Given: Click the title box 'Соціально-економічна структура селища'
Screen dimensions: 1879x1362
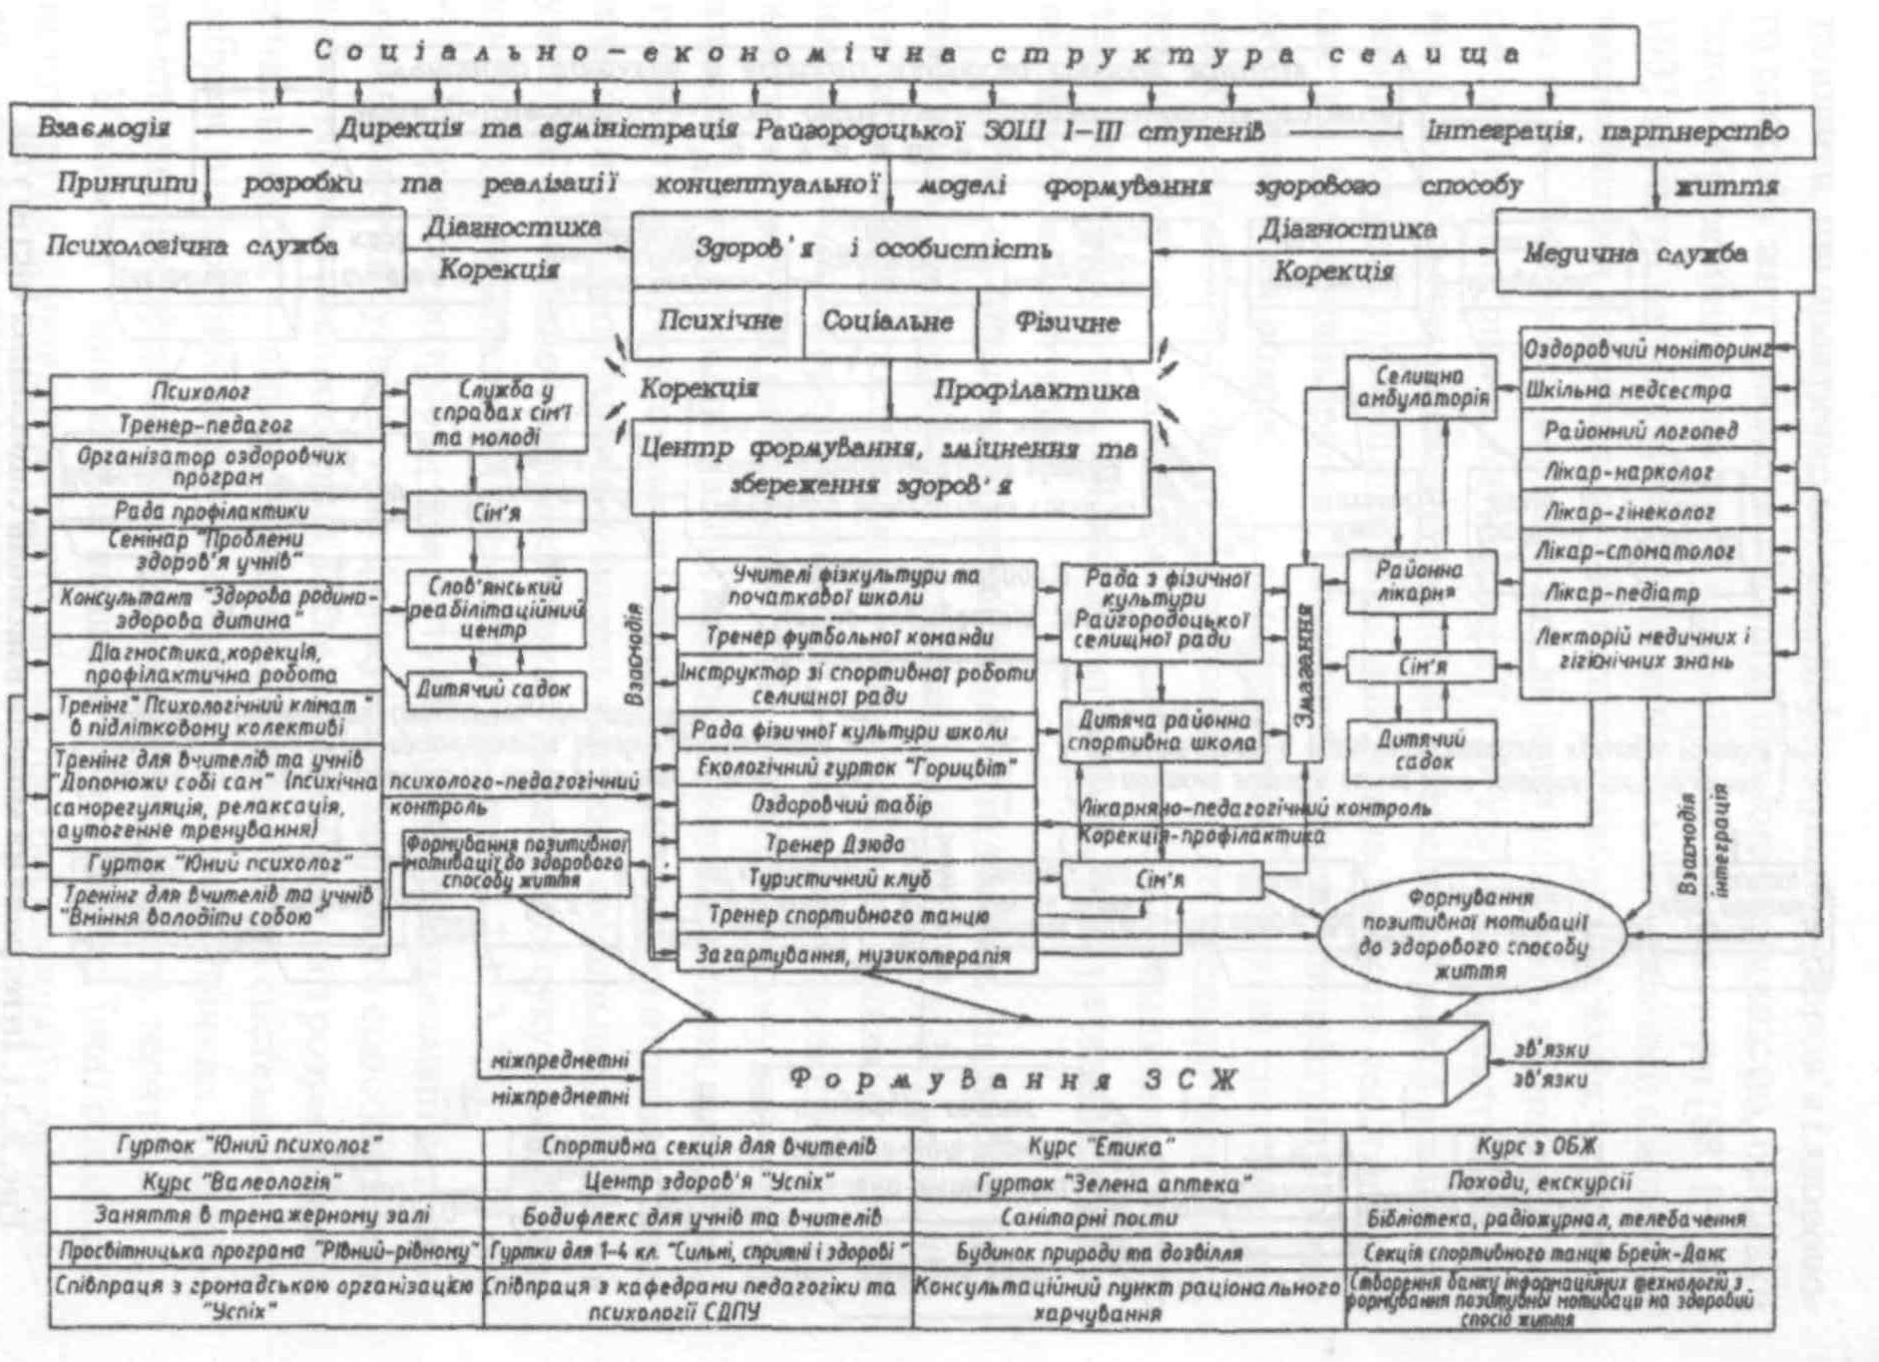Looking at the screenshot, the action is (912, 54).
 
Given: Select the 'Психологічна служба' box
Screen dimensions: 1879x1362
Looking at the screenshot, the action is (208, 247).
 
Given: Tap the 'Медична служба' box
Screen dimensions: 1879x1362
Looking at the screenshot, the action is (1653, 252).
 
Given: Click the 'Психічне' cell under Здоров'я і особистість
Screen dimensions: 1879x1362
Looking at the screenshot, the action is (718, 322).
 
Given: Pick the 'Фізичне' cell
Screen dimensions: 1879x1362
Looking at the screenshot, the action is (1066, 322).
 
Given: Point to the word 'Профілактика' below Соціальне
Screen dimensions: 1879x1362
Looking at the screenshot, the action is (1036, 390).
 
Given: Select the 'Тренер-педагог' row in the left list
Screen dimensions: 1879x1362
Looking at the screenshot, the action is (216, 426).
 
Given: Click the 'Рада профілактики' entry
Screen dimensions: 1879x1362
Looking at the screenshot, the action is (216, 511).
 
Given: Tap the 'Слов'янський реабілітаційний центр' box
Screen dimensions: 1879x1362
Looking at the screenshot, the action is (496, 608).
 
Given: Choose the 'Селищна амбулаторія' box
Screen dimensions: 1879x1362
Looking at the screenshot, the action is (1421, 388).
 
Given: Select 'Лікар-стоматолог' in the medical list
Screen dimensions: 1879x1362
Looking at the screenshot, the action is (1645, 552).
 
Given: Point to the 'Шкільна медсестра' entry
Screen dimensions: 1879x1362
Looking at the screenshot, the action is (1645, 390).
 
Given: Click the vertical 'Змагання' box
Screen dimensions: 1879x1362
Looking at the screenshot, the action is (1304, 663).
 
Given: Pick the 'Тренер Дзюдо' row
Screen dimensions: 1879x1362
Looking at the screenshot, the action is (856, 844).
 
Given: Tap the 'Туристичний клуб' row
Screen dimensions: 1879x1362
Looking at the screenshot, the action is (856, 879).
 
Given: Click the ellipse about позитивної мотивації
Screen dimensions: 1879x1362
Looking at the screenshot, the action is (1473, 935).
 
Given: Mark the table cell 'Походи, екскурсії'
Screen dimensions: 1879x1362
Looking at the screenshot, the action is (1560, 1182).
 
